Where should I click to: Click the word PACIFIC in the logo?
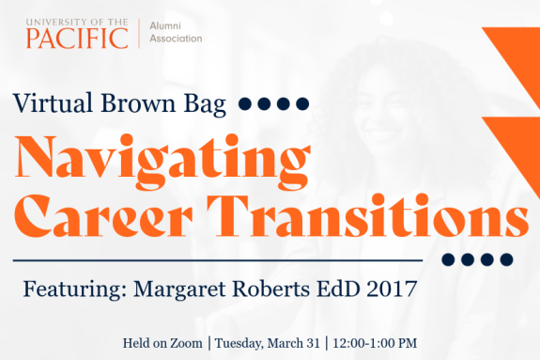point(77,39)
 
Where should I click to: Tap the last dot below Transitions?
point(508,259)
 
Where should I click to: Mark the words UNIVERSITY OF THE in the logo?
point(77,20)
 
